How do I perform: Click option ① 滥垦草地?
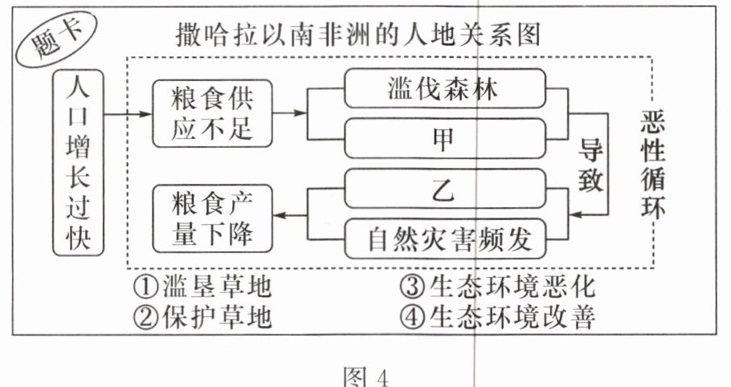pyautogui.click(x=204, y=285)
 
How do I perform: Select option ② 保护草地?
pyautogui.click(x=204, y=318)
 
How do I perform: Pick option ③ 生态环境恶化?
pyautogui.click(x=497, y=285)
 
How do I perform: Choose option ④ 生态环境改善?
pyautogui.click(x=497, y=318)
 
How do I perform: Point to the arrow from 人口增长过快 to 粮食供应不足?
pyautogui.click(x=129, y=114)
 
